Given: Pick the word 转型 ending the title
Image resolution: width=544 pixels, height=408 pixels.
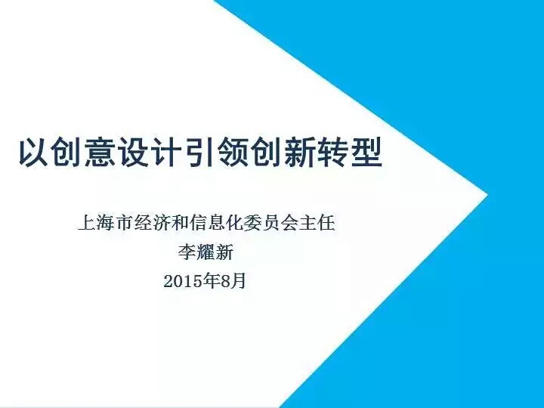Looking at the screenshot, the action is coord(350,153).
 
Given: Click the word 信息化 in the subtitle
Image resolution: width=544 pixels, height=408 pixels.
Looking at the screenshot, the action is coord(217,223).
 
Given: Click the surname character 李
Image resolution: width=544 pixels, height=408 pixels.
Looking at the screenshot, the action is coord(187,252).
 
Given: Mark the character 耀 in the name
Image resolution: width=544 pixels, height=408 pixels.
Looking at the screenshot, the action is coord(206,252).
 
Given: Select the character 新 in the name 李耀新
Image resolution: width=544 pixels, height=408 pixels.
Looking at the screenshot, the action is coord(224,252).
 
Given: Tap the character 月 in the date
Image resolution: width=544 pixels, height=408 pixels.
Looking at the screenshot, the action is coord(238,281).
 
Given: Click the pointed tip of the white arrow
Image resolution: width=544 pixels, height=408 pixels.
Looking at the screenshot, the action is coord(487,193).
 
